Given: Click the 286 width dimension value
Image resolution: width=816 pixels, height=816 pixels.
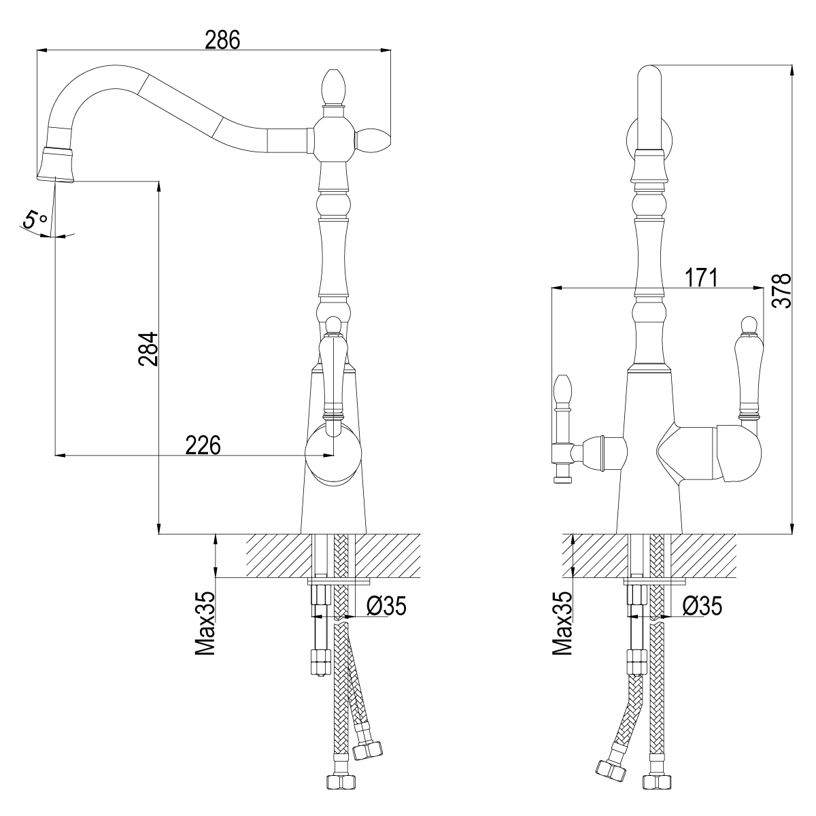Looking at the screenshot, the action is (x=222, y=40).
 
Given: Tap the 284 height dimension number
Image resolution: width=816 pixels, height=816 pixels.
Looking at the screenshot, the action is (x=148, y=349).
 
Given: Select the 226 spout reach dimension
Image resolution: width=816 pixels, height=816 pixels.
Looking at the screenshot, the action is (x=203, y=445).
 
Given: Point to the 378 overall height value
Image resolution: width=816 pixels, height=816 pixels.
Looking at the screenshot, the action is (x=781, y=290).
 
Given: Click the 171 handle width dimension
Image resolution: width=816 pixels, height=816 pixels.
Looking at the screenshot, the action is (x=701, y=277).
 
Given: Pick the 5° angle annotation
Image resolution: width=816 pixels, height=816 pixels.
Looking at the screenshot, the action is (x=35, y=220).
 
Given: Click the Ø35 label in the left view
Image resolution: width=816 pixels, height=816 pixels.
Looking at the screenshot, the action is (x=386, y=606).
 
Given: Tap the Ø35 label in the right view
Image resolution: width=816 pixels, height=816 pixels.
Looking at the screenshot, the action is (x=702, y=606).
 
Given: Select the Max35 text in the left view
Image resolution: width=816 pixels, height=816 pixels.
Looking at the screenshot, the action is (x=205, y=623).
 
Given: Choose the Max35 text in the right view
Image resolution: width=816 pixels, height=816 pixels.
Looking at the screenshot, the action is (x=562, y=623).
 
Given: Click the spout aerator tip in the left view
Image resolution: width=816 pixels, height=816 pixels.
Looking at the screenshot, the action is (x=56, y=165).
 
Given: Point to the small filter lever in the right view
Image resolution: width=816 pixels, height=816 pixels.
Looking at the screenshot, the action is (x=562, y=428).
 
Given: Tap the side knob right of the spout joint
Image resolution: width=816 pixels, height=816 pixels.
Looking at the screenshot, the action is (x=372, y=140).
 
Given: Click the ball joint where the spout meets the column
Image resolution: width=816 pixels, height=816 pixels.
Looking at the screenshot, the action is (x=334, y=140).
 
